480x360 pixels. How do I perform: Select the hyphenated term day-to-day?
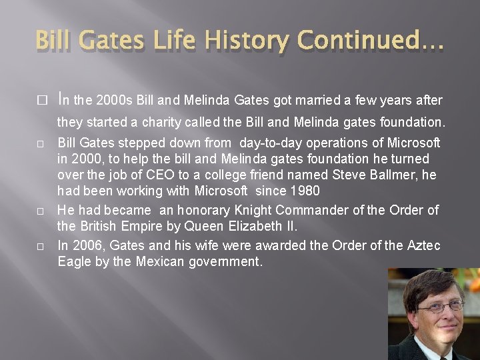(271, 143)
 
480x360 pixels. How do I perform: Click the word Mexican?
(167, 262)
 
